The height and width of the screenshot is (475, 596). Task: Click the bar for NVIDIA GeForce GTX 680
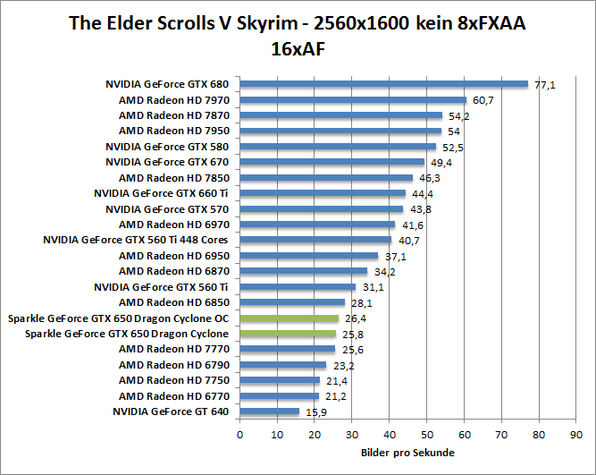(384, 84)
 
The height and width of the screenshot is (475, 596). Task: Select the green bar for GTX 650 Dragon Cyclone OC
(289, 318)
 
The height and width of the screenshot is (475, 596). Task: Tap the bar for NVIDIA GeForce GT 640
(269, 411)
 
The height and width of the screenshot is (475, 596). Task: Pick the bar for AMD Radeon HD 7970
(353, 100)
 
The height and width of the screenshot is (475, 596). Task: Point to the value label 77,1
(545, 85)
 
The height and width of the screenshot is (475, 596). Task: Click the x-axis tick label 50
(426, 435)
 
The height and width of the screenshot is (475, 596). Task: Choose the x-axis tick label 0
(239, 435)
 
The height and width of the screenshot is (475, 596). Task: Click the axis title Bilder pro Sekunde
(407, 453)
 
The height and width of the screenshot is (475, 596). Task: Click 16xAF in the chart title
(297, 49)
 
